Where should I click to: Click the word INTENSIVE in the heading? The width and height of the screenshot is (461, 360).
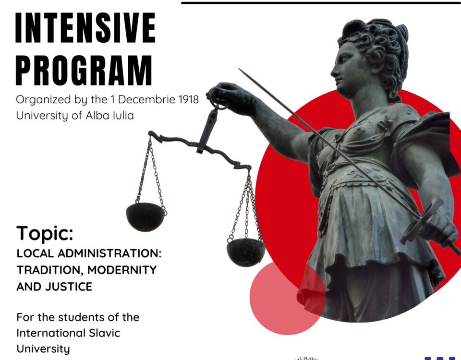pyautogui.click(x=85, y=28)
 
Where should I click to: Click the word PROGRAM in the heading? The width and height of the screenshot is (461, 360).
pyautogui.click(x=84, y=70)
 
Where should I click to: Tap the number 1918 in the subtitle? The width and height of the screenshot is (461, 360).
pyautogui.click(x=188, y=100)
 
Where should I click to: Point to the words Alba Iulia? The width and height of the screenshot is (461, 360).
pyautogui.click(x=109, y=115)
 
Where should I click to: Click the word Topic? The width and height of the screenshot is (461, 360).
pyautogui.click(x=45, y=234)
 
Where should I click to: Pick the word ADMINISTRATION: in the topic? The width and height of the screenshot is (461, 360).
pyautogui.click(x=109, y=253)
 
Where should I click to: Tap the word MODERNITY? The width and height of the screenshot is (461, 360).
pyautogui.click(x=122, y=270)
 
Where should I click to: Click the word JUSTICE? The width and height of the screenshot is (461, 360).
pyautogui.click(x=69, y=287)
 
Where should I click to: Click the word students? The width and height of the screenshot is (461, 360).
pyautogui.click(x=77, y=317)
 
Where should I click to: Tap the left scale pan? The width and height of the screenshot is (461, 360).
pyautogui.click(x=146, y=217)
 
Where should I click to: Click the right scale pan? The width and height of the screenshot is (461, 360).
pyautogui.click(x=246, y=252)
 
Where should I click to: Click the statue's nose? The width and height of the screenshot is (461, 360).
pyautogui.click(x=333, y=71)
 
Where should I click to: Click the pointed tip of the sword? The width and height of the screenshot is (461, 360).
pyautogui.click(x=239, y=69)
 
